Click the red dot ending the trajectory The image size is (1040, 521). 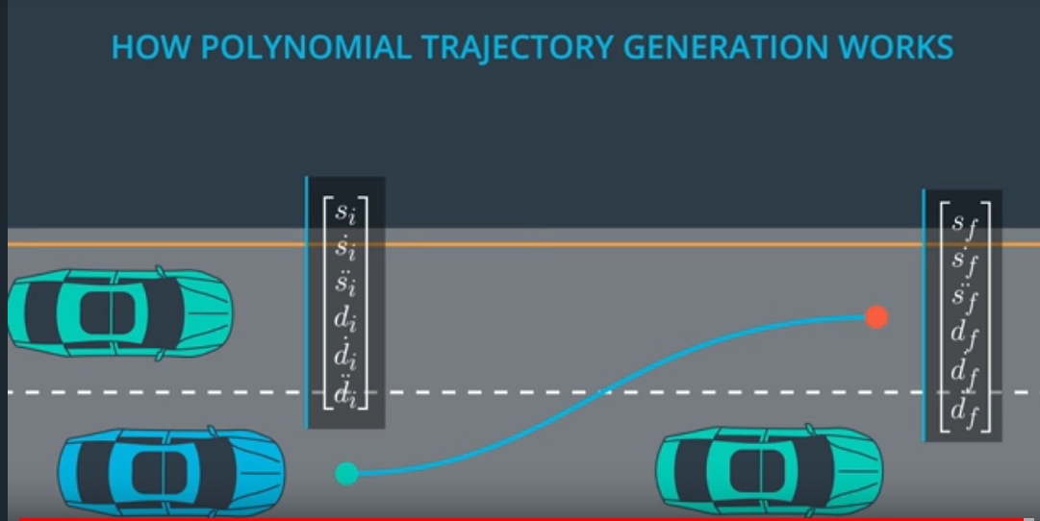(875, 316)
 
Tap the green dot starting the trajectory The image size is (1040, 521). (346, 473)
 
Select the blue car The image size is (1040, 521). (171, 471)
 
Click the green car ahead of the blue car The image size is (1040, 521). (769, 468)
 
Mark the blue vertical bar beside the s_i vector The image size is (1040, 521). (307, 302)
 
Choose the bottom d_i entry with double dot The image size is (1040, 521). (344, 393)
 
